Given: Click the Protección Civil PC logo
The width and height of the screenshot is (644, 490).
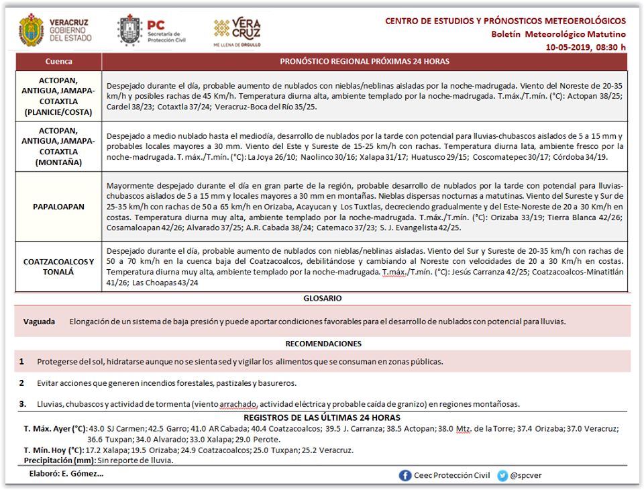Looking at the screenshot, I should pyautogui.click(x=129, y=31).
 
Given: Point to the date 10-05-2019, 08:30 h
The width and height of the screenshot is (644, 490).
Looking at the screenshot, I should pyautogui.click(x=585, y=47).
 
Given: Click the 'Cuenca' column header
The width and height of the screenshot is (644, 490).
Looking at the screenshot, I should pyautogui.click(x=58, y=62).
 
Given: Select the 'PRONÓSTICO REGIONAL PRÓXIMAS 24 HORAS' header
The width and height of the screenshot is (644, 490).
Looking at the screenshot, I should pyautogui.click(x=364, y=62).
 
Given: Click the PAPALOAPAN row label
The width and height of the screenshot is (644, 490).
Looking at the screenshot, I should pyautogui.click(x=58, y=207).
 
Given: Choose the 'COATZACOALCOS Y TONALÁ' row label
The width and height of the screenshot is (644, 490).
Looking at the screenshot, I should pyautogui.click(x=58, y=266).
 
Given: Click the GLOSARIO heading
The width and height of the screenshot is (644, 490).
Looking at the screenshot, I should pyautogui.click(x=323, y=298).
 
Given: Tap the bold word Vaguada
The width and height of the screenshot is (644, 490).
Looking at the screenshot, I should pyautogui.click(x=39, y=322).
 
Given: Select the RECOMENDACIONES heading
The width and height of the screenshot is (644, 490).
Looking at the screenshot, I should pyautogui.click(x=323, y=344).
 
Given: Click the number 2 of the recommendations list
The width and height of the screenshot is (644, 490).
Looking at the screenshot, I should pyautogui.click(x=21, y=383).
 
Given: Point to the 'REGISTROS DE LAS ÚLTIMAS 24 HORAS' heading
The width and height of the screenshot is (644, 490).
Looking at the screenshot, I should pyautogui.click(x=323, y=418).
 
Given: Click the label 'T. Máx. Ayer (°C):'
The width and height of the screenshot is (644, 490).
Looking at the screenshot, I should pyautogui.click(x=56, y=428).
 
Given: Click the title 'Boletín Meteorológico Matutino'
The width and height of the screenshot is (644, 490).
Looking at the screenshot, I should pyautogui.click(x=558, y=34).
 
